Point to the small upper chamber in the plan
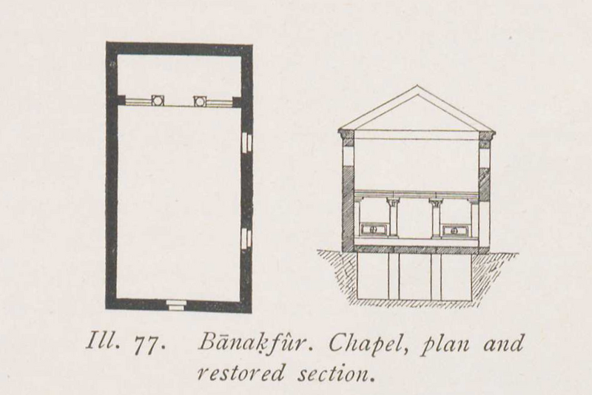pos(179,74)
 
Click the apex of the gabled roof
pos(417,87)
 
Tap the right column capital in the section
pos(437,200)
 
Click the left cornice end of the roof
pos(345,135)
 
